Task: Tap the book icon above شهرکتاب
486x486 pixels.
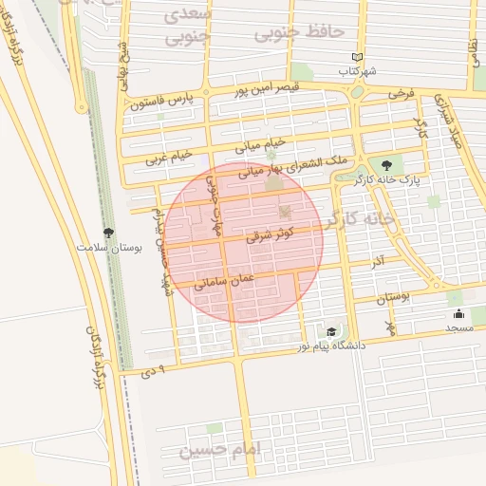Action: coord(358,58)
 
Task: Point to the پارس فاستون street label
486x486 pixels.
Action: coord(162,101)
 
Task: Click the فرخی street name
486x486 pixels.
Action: coord(402,95)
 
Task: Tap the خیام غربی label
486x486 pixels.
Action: coord(168,158)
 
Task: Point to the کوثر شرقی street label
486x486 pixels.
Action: coord(270,234)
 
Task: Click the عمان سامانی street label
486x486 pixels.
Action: coord(224,278)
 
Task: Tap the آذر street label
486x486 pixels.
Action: coord(378,259)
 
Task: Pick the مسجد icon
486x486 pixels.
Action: coord(459,314)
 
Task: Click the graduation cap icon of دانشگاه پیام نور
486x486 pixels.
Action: coord(330,331)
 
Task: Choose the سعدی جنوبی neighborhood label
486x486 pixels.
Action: coord(186,28)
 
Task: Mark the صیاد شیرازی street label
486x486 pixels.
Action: coord(456,119)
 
